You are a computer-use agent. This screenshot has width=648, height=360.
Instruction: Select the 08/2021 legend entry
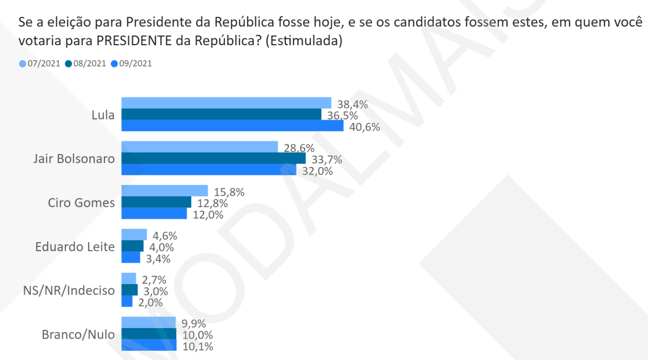86,64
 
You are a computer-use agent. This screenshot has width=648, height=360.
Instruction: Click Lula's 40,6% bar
232,126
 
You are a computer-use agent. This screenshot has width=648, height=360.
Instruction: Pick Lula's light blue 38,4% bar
226,103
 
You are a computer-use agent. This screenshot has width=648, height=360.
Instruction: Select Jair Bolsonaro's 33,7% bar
213,158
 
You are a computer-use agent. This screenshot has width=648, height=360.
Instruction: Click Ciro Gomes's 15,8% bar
164,191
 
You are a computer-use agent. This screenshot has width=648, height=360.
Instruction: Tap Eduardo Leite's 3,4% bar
131,257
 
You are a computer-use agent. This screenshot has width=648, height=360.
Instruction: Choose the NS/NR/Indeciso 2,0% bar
126,301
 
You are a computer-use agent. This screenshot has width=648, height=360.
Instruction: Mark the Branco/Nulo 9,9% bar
148,322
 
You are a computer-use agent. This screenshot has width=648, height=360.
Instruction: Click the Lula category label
103,115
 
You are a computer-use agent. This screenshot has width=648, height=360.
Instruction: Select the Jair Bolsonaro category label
74,159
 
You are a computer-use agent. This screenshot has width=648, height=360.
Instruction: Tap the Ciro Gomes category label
82,203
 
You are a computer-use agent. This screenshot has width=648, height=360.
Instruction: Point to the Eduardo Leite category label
75,247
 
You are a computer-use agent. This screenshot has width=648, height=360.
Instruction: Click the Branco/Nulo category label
78,335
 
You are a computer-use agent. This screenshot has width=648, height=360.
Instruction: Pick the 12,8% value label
212,203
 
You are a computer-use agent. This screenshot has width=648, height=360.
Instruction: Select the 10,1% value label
197,347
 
